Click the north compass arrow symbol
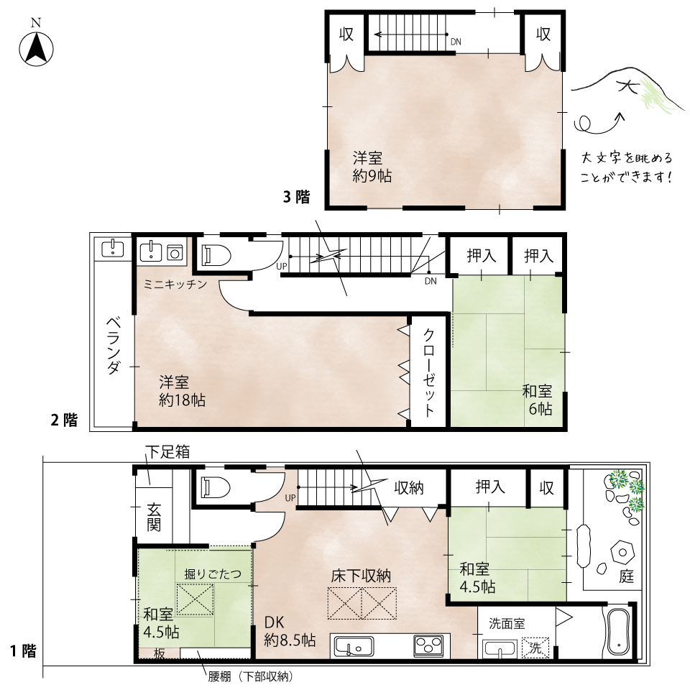(x=36, y=48)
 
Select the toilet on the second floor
(x=216, y=255)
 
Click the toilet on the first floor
(x=216, y=487)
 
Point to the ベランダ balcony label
(x=114, y=345)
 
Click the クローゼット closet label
(x=428, y=373)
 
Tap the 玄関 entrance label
(x=154, y=517)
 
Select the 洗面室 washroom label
(x=507, y=624)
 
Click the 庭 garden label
(x=626, y=576)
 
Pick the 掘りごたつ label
(x=213, y=574)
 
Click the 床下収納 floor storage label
(x=361, y=576)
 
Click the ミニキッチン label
(x=175, y=285)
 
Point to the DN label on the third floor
(x=456, y=42)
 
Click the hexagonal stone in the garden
(x=622, y=553)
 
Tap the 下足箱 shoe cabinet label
(x=167, y=452)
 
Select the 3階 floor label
(x=296, y=197)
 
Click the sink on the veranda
(x=113, y=249)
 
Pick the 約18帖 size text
(x=182, y=400)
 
